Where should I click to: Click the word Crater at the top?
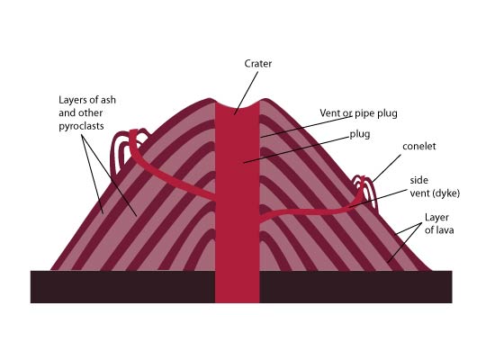click(258, 64)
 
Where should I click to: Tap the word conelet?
click(418, 146)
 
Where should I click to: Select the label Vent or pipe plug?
click(358, 113)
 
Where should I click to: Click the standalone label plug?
click(360, 134)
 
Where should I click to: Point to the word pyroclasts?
click(81, 126)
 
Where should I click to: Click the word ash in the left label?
click(108, 100)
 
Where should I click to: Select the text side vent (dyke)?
click(435, 186)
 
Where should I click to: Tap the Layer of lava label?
click(439, 223)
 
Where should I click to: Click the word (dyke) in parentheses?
click(447, 193)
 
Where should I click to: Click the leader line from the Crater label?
click(246, 94)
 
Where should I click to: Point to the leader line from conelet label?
click(386, 168)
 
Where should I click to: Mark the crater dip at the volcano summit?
click(238, 106)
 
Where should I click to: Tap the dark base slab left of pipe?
click(122, 286)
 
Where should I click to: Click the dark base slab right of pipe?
click(355, 286)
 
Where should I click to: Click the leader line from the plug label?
click(296, 150)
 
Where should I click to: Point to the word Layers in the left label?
click(72, 100)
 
